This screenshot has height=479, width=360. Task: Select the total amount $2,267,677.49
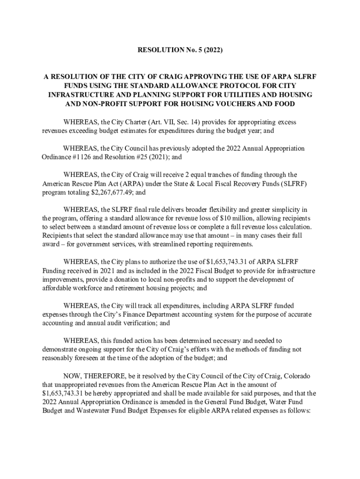pos(108,193)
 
